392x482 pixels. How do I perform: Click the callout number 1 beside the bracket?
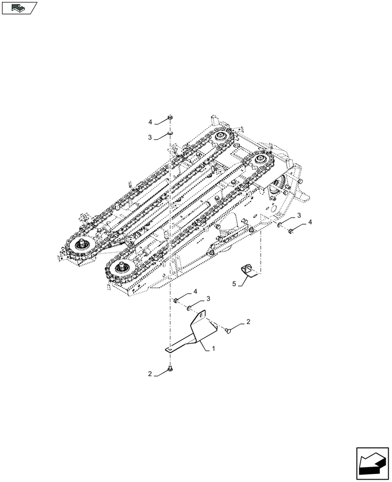point(213,347)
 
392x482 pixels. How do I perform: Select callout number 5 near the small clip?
point(234,284)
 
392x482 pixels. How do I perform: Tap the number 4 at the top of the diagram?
point(151,121)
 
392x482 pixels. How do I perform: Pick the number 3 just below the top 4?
point(151,137)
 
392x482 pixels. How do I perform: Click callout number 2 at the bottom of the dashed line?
point(151,374)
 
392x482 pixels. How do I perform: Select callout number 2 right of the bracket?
point(248,321)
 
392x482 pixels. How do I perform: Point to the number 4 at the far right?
point(310,222)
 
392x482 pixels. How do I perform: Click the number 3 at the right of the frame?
point(299,214)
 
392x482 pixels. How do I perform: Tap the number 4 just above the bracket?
point(195,292)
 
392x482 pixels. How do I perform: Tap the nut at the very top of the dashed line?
point(170,117)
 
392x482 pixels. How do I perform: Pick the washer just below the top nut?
point(170,133)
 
